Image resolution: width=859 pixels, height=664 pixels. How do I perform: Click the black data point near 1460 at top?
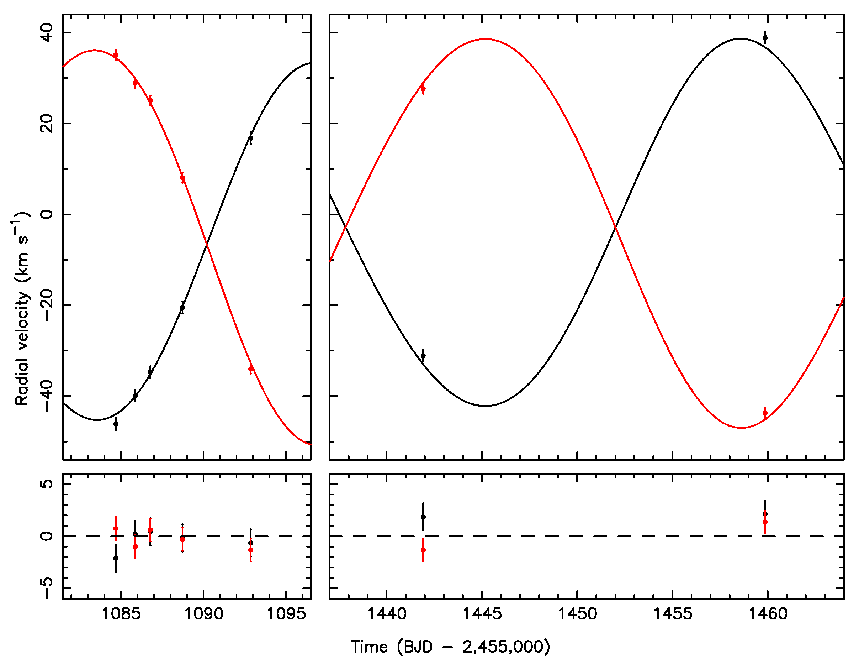pyautogui.click(x=765, y=38)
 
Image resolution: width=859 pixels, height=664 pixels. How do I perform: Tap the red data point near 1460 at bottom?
pyautogui.click(x=765, y=413)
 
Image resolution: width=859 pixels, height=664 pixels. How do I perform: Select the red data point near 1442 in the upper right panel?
pyautogui.click(x=423, y=89)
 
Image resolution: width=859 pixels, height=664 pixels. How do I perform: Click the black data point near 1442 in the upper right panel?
pyautogui.click(x=423, y=356)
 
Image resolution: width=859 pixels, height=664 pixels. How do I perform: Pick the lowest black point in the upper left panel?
pyautogui.click(x=116, y=424)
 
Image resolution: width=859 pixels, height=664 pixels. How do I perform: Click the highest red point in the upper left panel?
pyautogui.click(x=116, y=55)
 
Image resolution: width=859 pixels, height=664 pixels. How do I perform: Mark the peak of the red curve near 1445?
pyautogui.click(x=486, y=39)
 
